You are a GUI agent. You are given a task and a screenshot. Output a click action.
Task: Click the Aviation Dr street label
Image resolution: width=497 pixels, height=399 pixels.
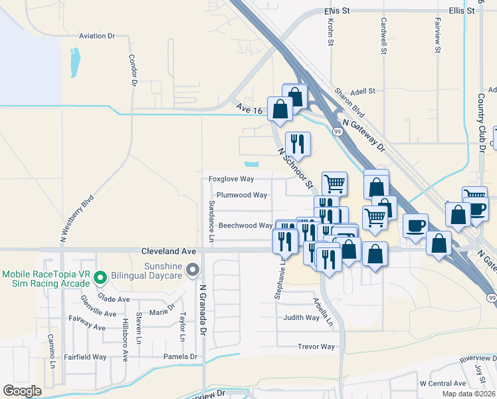[97, 36]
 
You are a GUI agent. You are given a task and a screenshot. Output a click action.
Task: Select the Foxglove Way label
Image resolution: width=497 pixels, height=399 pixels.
[231, 179]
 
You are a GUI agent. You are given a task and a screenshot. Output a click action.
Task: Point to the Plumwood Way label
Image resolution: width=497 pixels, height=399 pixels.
[242, 196]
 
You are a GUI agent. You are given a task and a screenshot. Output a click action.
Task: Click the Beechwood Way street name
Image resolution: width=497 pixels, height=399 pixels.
[246, 225]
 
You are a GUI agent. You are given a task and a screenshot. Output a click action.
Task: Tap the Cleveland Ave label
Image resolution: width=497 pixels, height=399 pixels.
[169, 251]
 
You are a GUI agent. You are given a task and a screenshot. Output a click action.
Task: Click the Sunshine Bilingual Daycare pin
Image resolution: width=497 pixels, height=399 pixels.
[193, 269]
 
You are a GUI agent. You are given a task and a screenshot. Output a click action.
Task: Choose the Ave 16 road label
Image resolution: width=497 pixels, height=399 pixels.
[249, 108]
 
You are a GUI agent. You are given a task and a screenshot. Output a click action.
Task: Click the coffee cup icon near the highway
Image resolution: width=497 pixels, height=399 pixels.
[416, 226]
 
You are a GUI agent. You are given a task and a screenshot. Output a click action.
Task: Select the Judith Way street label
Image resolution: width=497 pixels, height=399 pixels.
[302, 318]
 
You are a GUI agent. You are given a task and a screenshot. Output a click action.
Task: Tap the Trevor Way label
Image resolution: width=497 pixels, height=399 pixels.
[316, 346]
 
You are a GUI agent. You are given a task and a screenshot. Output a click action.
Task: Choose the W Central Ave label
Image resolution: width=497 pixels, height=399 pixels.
[443, 384]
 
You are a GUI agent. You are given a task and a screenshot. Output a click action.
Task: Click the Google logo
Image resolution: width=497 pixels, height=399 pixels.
[23, 391]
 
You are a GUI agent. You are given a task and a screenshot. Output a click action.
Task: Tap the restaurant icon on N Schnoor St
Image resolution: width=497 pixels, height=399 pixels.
[298, 143]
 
